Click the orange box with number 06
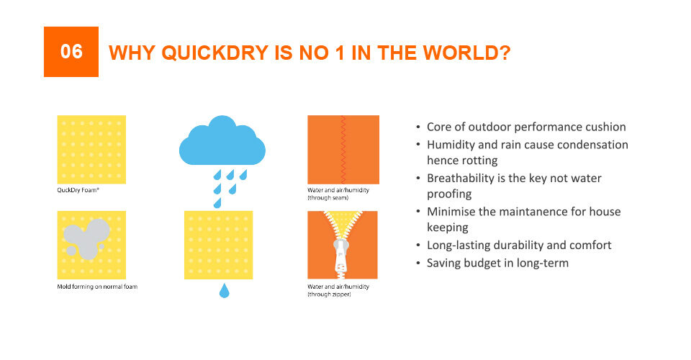point(71,52)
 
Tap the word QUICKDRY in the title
point(215,53)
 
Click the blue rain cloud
point(222,140)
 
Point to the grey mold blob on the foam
point(87,238)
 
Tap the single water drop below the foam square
point(225,290)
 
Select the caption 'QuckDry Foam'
point(78,190)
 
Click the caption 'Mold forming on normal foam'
point(97,287)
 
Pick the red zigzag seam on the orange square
point(343,149)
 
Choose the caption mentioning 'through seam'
point(338,194)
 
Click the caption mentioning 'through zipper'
point(338,290)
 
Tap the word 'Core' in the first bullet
point(439,127)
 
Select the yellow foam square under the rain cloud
point(219,245)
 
